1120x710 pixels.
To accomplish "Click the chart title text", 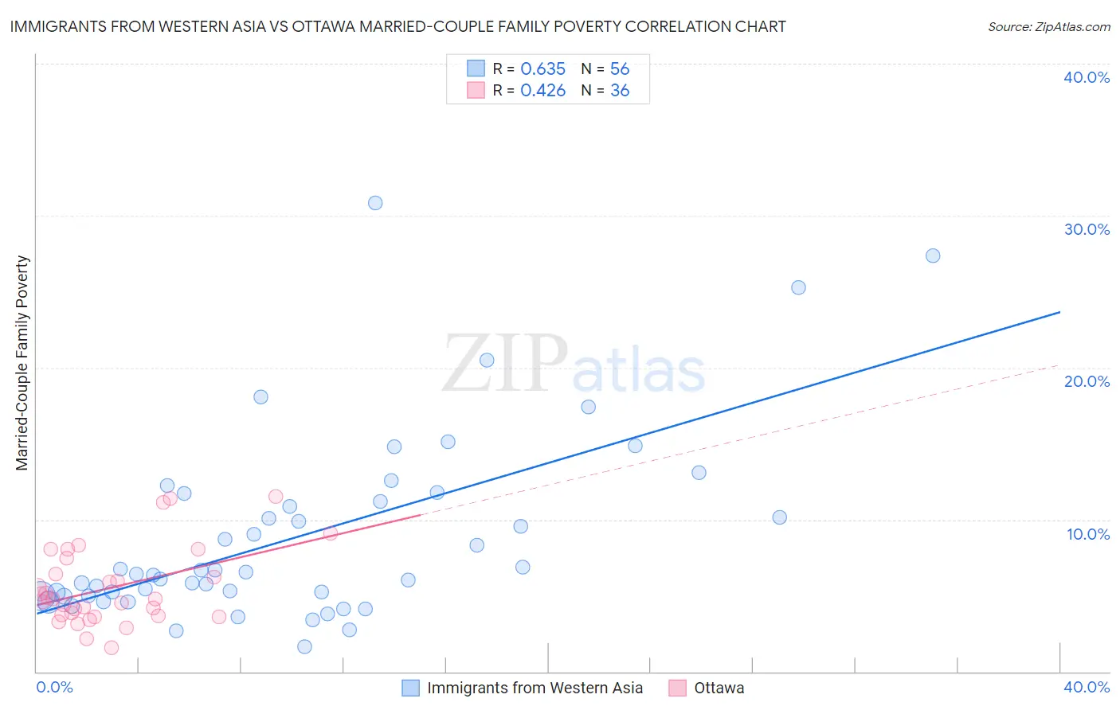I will [397, 27].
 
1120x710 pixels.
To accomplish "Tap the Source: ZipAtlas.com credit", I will [1048, 27].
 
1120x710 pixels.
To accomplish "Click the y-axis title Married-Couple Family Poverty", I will [22, 363].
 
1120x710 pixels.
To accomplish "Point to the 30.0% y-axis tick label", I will [1087, 229].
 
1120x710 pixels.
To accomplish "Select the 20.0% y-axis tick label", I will [1087, 381].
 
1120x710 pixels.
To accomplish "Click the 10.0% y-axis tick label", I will [1088, 534].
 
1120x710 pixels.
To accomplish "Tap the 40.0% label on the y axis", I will [1087, 77].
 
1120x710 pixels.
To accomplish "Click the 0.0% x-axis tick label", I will [54, 687].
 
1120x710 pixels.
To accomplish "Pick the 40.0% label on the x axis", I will [1087, 687].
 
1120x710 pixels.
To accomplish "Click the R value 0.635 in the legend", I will [542, 69].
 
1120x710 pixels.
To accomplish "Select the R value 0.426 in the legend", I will [542, 91].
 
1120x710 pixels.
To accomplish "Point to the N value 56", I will [620, 69].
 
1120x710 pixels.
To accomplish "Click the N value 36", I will [620, 91].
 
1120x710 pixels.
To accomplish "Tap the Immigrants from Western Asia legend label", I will [535, 688].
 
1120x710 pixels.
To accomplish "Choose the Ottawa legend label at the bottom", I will [719, 688].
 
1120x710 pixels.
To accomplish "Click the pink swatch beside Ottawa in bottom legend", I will [677, 688].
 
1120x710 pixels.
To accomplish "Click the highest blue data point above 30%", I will [375, 203].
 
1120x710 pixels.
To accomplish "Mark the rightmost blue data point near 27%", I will [933, 256].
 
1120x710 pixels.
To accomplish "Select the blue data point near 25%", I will [798, 287].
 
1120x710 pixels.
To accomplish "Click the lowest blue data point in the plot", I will [304, 646].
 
